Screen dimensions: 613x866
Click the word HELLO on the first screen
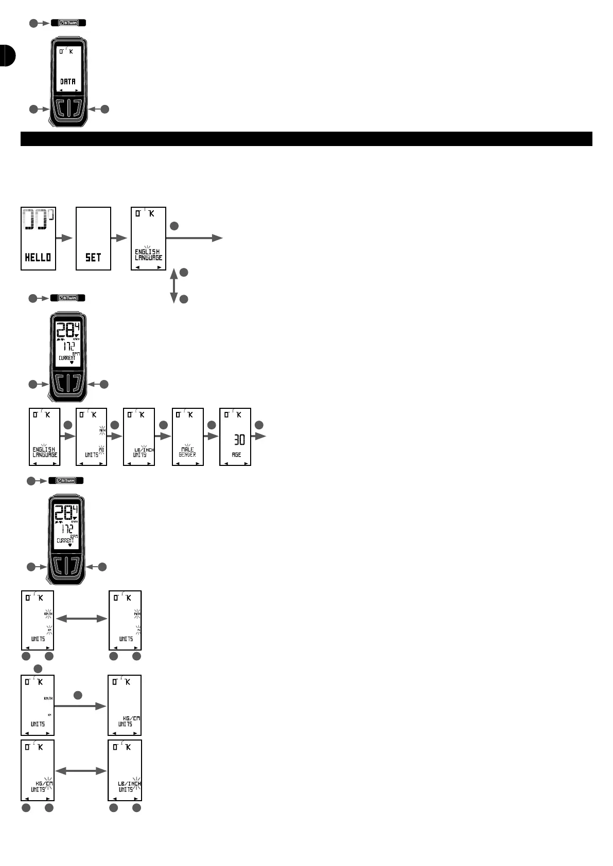pos(38,257)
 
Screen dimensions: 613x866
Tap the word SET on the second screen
pos(93,257)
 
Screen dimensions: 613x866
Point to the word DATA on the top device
pos(68,81)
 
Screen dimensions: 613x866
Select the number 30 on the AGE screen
pos(239,440)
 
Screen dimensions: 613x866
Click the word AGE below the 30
pos(236,455)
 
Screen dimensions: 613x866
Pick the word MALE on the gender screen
pos(187,449)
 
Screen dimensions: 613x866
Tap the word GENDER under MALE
pos(187,455)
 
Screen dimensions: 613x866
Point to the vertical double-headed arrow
pos(174,285)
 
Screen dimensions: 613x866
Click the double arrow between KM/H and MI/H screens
pos(81,619)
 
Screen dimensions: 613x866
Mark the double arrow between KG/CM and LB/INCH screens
pos(81,771)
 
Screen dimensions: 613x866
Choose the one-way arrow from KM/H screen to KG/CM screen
pos(80,706)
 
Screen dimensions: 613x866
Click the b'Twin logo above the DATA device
pos(68,23)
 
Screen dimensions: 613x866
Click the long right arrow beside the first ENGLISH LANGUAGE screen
pos(195,238)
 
